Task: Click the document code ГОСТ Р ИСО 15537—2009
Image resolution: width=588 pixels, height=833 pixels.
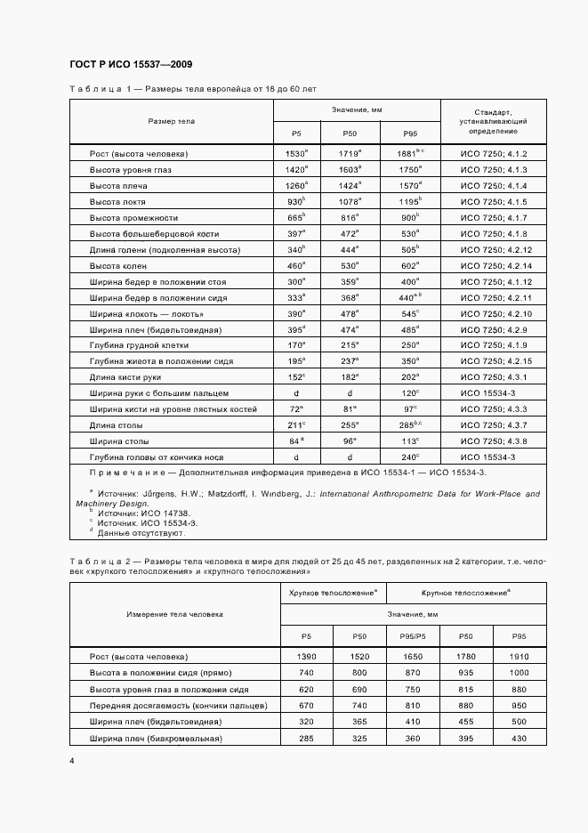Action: pyautogui.click(x=131, y=65)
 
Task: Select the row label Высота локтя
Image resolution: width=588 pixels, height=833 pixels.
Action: pyautogui.click(x=117, y=202)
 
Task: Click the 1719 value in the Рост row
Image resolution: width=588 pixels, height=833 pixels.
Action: pyautogui.click(x=348, y=154)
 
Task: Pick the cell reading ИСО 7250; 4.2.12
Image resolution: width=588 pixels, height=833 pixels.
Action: pyautogui.click(x=495, y=250)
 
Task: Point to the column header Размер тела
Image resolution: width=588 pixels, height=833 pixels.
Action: pyautogui.click(x=171, y=120)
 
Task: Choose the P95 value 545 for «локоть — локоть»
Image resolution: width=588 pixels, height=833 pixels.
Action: pyautogui.click(x=408, y=314)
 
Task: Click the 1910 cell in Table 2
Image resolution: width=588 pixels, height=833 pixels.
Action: pyautogui.click(x=520, y=657)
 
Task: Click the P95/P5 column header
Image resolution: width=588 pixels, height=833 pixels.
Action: pyautogui.click(x=412, y=636)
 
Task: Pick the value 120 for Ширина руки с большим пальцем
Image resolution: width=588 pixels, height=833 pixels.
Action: pyautogui.click(x=408, y=392)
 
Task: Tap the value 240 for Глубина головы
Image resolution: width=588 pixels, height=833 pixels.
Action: pyautogui.click(x=408, y=457)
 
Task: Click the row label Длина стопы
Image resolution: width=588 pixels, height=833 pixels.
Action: pyautogui.click(x=114, y=425)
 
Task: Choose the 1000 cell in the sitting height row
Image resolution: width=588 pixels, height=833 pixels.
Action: pyautogui.click(x=520, y=673)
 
